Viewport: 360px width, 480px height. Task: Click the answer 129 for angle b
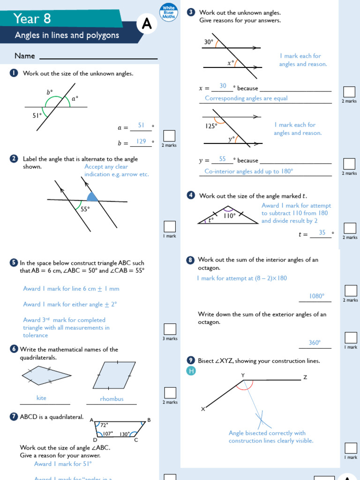point(141,141)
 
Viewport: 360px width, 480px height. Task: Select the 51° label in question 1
point(37,115)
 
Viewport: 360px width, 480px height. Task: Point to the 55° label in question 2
point(85,210)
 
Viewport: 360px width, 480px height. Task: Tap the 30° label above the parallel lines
point(208,42)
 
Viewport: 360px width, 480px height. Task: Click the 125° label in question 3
point(211,126)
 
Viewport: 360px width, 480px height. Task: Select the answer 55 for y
point(222,159)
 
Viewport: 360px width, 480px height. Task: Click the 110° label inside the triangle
point(229,216)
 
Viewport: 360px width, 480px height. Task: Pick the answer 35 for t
point(322,232)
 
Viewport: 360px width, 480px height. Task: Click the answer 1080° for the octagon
point(317,296)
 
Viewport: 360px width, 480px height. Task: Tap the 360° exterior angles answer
point(315,343)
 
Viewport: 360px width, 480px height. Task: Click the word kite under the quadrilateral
point(41,398)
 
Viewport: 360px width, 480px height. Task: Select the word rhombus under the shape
point(112,399)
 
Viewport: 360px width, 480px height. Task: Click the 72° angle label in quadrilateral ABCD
point(104,425)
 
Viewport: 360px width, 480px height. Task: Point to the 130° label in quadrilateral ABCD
point(125,434)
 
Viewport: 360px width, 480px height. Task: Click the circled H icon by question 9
point(191,371)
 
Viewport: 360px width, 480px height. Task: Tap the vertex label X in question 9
point(203,409)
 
